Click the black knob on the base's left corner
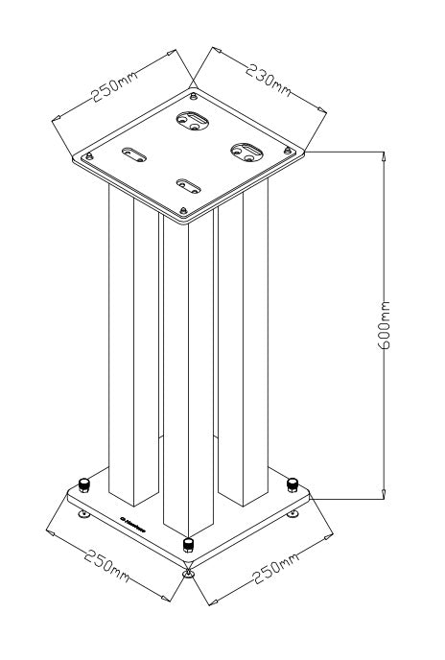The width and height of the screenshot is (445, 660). coord(83,483)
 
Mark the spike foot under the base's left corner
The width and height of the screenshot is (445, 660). coord(85,515)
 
